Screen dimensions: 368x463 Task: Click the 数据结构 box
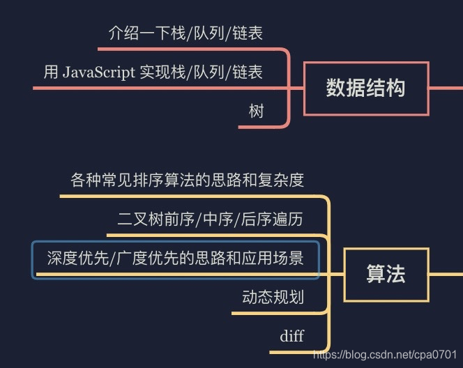tap(365, 89)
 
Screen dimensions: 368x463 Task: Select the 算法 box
tap(386, 274)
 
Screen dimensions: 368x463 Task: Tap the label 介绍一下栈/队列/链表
tap(185, 33)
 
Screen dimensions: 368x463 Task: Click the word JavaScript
tap(98, 72)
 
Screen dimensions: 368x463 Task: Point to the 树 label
tap(256, 111)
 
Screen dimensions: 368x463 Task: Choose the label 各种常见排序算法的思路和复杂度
tap(188, 181)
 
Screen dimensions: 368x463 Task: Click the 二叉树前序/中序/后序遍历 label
tap(210, 220)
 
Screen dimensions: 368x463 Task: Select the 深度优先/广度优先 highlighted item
tap(176, 259)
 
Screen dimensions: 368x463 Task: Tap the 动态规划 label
tap(273, 298)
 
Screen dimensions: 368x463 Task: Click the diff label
tap(291, 337)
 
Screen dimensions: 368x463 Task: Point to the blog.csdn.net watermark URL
tap(386, 355)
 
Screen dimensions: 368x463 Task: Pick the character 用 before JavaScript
tap(51, 72)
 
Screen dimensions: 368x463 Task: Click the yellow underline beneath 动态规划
tap(272, 313)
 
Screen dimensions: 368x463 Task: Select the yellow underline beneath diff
tap(296, 352)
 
